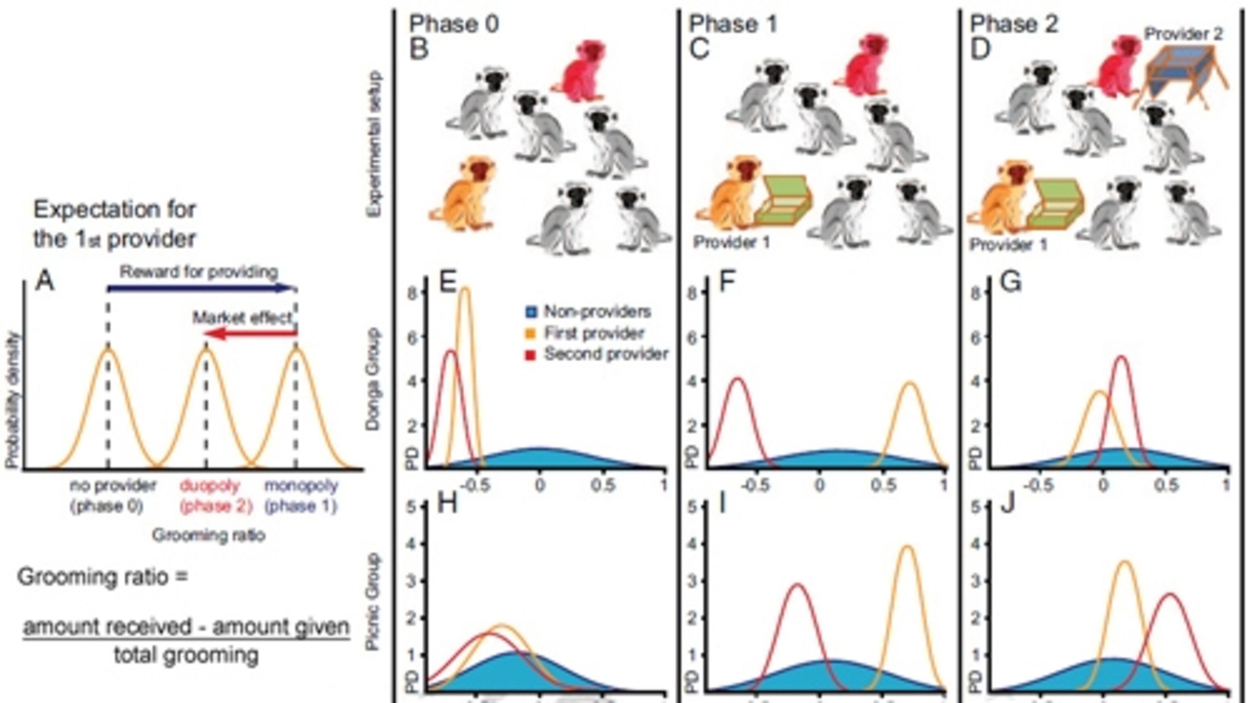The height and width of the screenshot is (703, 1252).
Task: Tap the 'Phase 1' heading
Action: [x=733, y=24]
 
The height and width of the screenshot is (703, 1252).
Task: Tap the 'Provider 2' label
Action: [x=1183, y=34]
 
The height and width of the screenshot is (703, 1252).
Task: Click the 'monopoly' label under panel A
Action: [x=301, y=486]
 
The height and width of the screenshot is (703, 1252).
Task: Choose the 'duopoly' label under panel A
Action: [x=210, y=486]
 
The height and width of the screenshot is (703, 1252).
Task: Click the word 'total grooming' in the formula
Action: [x=186, y=655]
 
